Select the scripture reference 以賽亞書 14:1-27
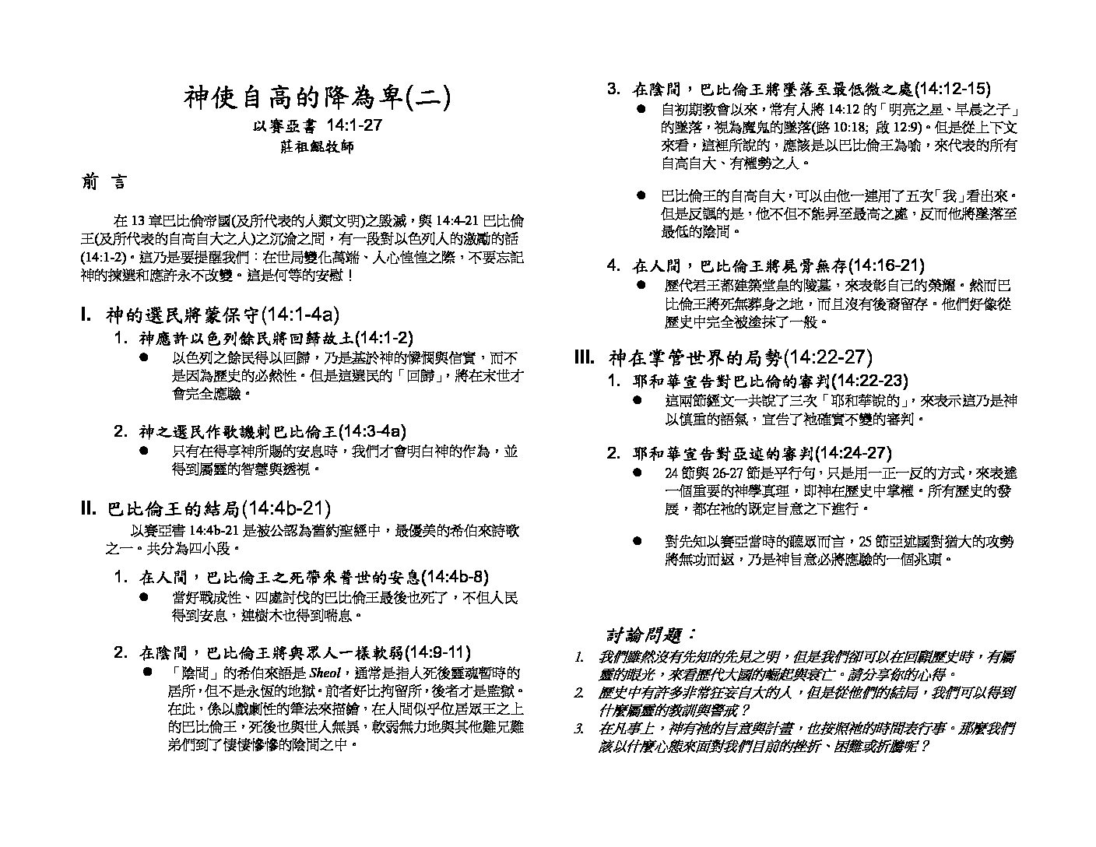tap(317, 125)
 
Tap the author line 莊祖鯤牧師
tap(317, 146)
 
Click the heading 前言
tap(104, 183)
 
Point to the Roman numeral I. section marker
tap(86, 315)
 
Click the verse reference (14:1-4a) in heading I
tap(300, 315)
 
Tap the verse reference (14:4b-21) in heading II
tap(286, 509)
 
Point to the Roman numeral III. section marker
tap(585, 357)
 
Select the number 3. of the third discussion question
tap(579, 729)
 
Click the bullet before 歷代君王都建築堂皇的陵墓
tap(641, 286)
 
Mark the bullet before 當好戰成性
tap(144, 597)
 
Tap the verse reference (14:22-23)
tap(869, 381)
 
